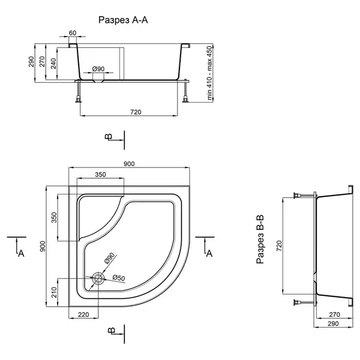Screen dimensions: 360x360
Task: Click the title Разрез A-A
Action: (123, 20)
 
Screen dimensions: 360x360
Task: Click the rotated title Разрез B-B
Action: (260, 239)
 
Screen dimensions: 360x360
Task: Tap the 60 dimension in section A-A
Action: (73, 33)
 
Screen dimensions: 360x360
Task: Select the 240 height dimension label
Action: (53, 64)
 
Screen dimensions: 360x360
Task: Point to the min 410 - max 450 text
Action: (209, 73)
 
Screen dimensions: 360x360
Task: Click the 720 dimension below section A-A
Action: (136, 112)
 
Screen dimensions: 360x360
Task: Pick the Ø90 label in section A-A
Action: (98, 68)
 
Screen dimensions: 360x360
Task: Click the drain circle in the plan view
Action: (98, 278)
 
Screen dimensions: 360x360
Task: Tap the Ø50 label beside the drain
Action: (119, 278)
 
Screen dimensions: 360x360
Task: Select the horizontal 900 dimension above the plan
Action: (129, 164)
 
